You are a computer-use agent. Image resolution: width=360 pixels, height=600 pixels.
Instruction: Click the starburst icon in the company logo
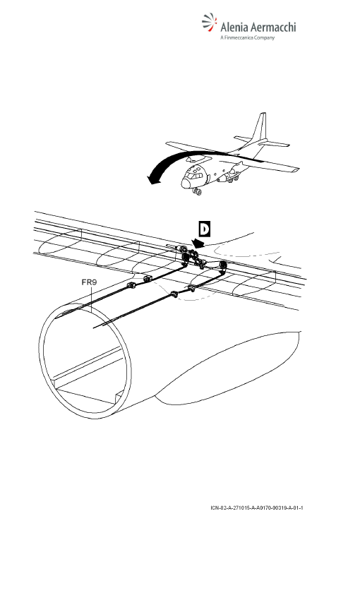pyautogui.click(x=209, y=22)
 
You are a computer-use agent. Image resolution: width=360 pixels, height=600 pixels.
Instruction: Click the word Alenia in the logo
pyautogui.click(x=234, y=28)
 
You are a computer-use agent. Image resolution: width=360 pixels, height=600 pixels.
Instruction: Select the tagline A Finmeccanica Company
pyautogui.click(x=248, y=38)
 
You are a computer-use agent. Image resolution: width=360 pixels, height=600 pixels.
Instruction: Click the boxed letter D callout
pyautogui.click(x=205, y=229)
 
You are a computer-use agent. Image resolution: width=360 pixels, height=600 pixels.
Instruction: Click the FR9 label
pyautogui.click(x=89, y=282)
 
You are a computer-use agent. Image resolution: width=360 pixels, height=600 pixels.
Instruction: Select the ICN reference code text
pyautogui.click(x=257, y=508)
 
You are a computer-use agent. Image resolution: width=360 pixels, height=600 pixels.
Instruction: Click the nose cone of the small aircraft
pyautogui.click(x=186, y=184)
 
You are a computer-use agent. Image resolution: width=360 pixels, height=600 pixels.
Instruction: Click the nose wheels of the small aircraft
pyautogui.click(x=198, y=191)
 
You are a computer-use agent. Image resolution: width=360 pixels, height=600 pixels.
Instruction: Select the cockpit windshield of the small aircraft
pyautogui.click(x=193, y=176)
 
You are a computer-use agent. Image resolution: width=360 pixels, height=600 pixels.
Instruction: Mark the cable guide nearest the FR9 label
pyautogui.click(x=131, y=284)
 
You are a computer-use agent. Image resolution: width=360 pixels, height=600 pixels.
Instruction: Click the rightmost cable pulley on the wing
pyautogui.click(x=222, y=265)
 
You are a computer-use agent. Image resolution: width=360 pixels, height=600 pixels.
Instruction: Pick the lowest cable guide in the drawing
pyautogui.click(x=174, y=294)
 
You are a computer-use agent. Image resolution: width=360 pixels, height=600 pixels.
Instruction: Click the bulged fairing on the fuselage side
pyautogui.click(x=229, y=367)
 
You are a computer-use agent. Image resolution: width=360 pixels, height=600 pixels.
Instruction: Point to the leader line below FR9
pyautogui.click(x=92, y=299)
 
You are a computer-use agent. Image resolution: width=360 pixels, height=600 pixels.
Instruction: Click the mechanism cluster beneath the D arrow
pyautogui.click(x=193, y=258)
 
